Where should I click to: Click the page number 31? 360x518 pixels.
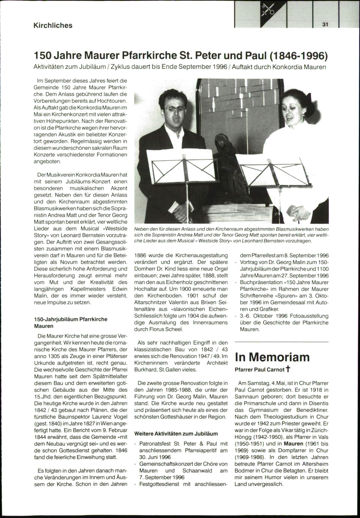pos(325,25)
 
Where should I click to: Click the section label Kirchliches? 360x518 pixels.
pos(53,25)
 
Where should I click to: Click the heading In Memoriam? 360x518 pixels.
pos(272,357)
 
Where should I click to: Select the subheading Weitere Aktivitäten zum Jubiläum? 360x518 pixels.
pos(176,433)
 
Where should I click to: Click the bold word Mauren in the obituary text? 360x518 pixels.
pos(293,444)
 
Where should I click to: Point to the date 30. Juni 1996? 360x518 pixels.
pos(155,457)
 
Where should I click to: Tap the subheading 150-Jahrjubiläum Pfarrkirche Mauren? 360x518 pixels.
pos(71,322)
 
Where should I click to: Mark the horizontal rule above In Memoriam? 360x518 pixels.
pos(281,342)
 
